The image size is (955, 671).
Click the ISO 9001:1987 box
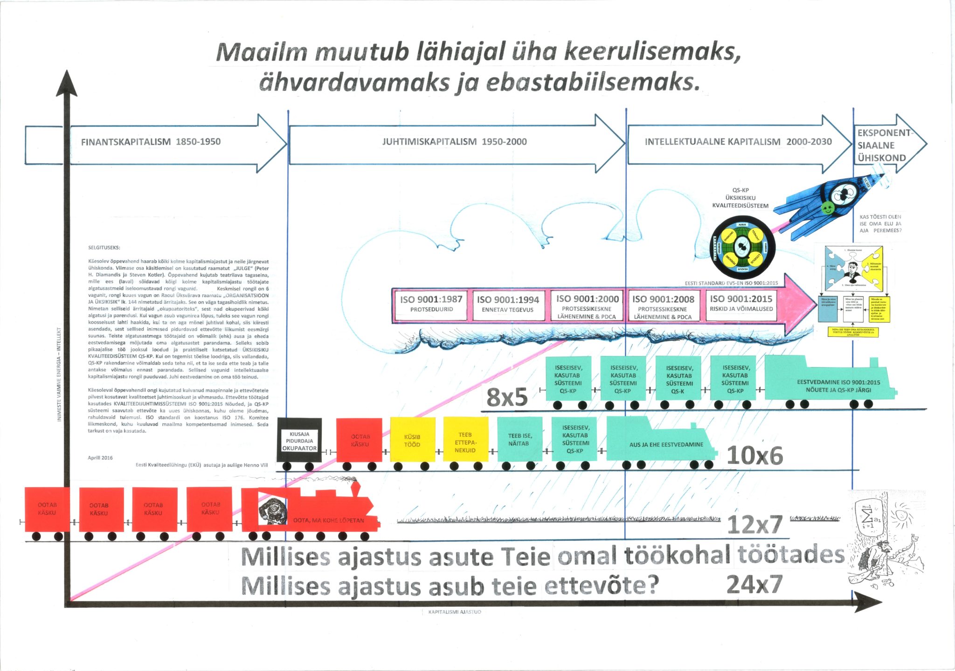[431, 305]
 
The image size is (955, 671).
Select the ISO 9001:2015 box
[741, 304]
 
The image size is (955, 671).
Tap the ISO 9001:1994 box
[508, 306]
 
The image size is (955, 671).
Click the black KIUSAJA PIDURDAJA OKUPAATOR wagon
[299, 440]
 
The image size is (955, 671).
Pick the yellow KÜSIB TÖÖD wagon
[412, 440]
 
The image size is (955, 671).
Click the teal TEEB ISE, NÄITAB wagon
[519, 440]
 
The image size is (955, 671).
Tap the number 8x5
[507, 397]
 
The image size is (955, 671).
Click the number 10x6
[754, 455]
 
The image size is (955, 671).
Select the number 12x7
[754, 524]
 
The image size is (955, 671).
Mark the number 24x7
[754, 584]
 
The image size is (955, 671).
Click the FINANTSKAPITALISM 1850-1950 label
[151, 142]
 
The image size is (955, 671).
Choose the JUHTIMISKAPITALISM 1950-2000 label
[454, 142]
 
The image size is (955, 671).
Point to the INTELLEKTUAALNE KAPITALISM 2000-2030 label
[738, 142]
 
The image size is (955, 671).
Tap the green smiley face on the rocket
[827, 208]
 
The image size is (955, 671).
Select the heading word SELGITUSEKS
[104, 248]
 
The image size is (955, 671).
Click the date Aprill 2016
[100, 458]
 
